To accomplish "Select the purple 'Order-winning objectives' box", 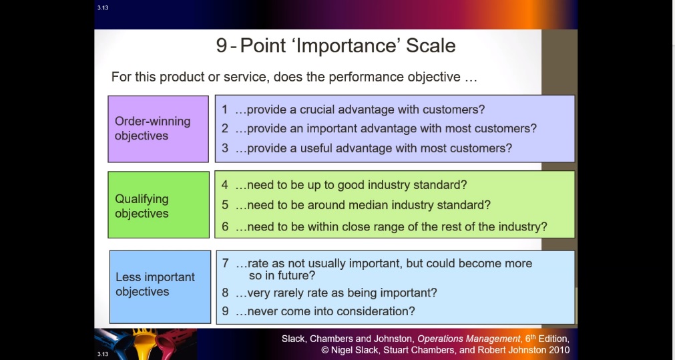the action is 158,129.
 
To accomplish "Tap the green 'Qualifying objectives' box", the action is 158,204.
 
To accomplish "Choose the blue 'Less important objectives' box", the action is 160,287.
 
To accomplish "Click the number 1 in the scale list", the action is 225,110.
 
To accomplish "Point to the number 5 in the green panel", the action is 225,204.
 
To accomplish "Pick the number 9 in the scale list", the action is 225,311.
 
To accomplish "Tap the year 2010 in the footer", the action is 557,350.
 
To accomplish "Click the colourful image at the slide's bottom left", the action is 146,344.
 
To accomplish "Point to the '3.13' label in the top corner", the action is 102,8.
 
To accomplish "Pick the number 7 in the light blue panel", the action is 225,263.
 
